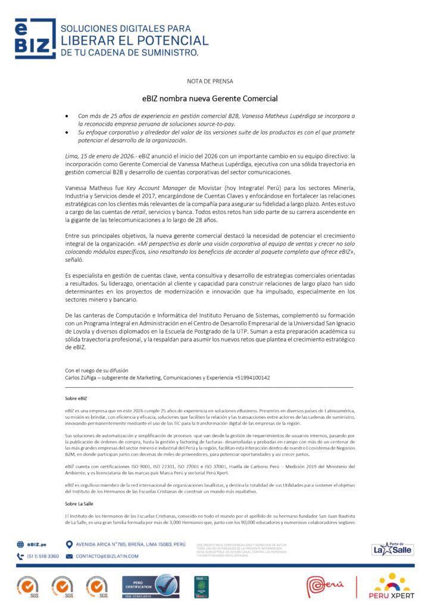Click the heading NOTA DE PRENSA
(x=210, y=80)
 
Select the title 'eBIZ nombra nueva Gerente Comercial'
(x=210, y=98)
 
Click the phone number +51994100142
(x=252, y=377)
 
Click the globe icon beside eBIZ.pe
(x=20, y=544)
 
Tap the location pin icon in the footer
(x=69, y=544)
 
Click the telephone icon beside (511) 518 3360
(x=20, y=556)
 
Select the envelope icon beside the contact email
(x=69, y=556)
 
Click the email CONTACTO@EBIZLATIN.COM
(x=107, y=556)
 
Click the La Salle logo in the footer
(x=392, y=549)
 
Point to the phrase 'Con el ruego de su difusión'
(x=96, y=370)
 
